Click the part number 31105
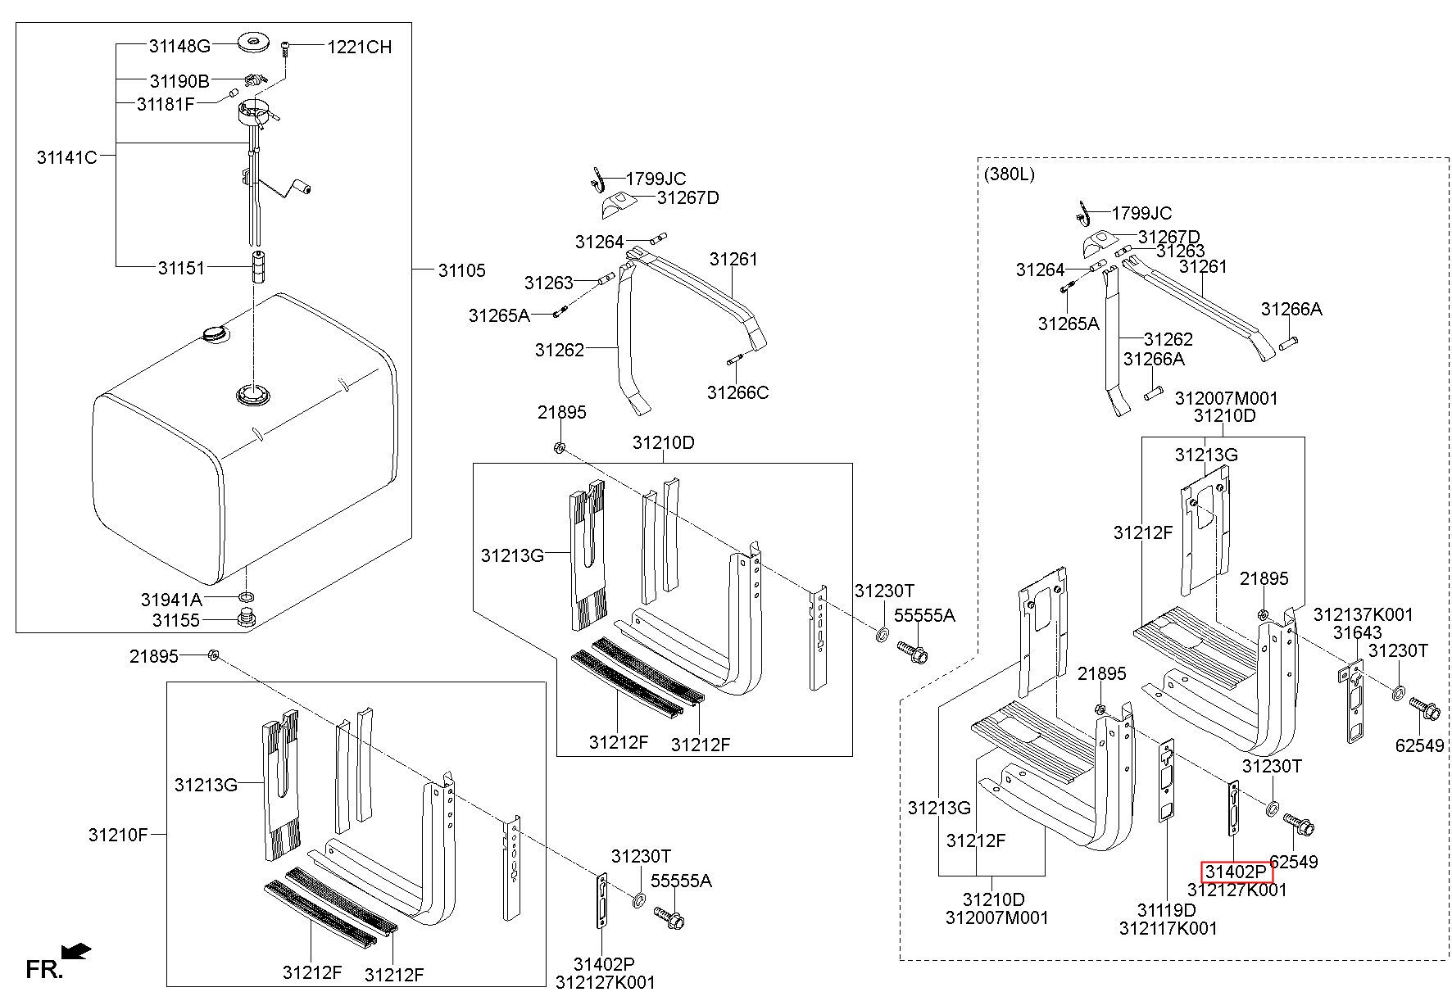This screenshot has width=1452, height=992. click(461, 270)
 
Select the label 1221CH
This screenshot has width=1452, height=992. click(360, 48)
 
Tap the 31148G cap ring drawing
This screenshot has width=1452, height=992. click(253, 42)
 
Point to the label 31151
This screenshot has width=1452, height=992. click(181, 267)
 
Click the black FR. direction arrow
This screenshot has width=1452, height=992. click(77, 950)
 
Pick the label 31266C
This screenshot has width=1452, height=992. click(738, 392)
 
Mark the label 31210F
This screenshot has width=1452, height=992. click(119, 835)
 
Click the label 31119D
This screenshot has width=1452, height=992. click(1167, 910)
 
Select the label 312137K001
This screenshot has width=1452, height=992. click(1364, 614)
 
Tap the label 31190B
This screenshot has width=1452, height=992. click(179, 81)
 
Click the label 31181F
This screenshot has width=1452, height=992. click(166, 104)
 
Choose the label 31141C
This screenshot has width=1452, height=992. click(67, 156)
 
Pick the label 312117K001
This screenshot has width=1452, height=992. click(1168, 928)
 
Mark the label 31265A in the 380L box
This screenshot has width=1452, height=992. click(1069, 324)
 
